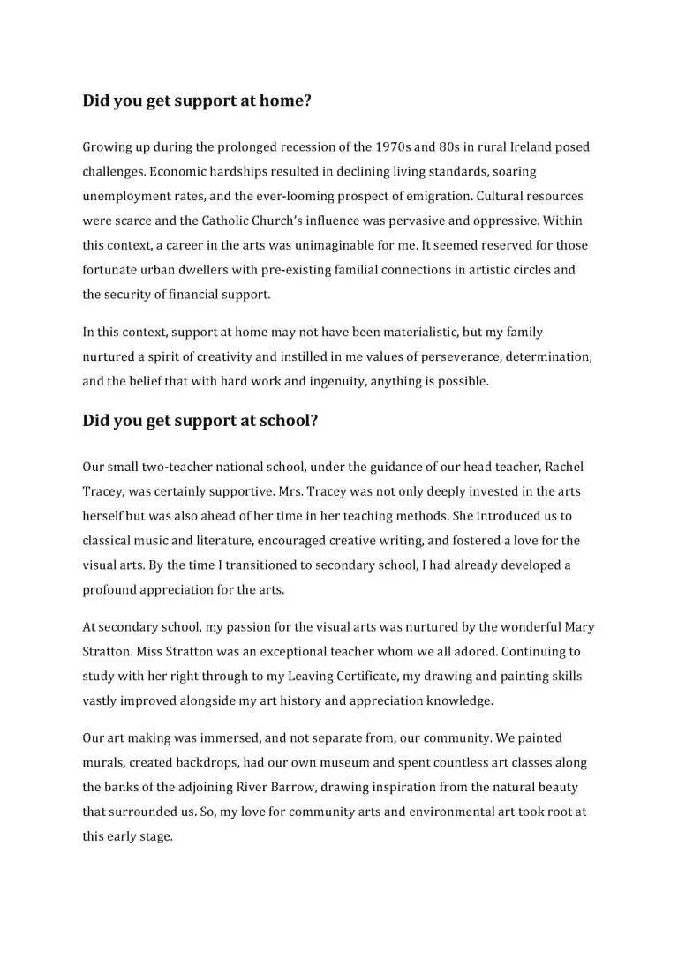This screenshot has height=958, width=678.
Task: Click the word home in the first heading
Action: [281, 101]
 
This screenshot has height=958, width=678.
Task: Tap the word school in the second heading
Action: [286, 421]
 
